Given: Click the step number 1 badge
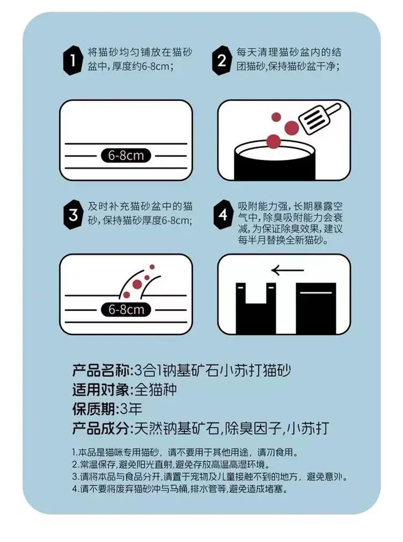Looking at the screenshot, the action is pos(73,61).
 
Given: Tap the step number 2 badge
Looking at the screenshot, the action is pos(221,61).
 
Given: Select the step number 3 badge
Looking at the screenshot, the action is pos(73,215).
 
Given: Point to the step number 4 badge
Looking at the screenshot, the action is pos(222,214).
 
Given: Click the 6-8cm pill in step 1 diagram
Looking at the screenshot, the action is pos(126,156).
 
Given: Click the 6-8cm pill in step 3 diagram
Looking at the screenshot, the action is pos(126,309).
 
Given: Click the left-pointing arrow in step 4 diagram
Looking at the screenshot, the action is pos(287,270).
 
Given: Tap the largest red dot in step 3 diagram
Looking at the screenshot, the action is pos(137,284).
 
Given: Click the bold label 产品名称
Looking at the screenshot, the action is pos(100,370).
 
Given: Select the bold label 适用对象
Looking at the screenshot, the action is pos(100,390).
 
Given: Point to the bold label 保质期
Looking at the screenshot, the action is pos(93,409).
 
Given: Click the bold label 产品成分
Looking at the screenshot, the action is pos(100,429).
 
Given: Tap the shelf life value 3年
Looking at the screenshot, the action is pos(131,409).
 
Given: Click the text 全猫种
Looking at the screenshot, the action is pos(155,390).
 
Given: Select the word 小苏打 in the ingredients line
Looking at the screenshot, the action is pos(308,429).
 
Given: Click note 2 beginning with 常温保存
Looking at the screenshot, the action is pos(171,464).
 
